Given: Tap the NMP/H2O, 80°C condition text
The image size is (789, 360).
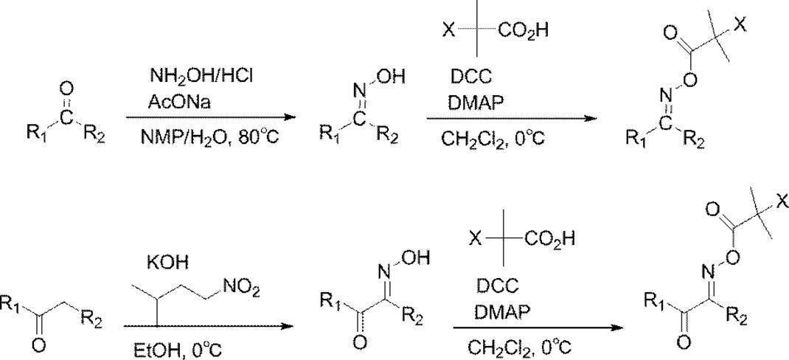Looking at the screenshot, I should click(x=201, y=137).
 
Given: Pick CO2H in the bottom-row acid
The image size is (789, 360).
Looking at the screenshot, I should click(x=554, y=239).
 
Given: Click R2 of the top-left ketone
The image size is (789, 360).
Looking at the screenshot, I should click(x=96, y=135).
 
